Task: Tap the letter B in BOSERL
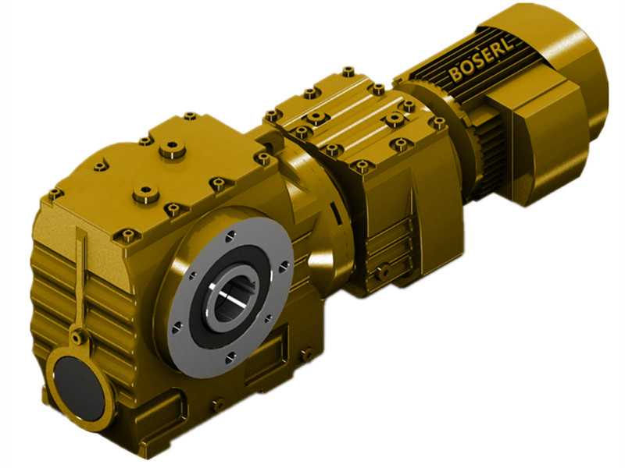pos(455,74)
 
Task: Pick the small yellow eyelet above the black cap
pos(77,337)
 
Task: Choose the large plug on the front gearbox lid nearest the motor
pos(168,149)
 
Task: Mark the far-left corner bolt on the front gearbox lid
pos(54,192)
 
